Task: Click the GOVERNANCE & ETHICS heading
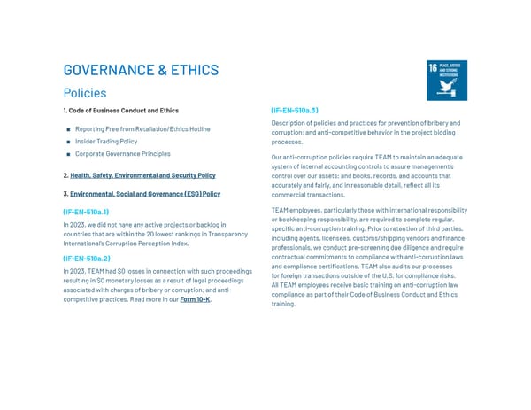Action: pyautogui.click(x=141, y=70)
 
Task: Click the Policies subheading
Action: pyautogui.click(x=85, y=92)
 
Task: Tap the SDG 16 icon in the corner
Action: pyautogui.click(x=447, y=81)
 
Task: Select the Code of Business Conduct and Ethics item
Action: pyautogui.click(x=120, y=111)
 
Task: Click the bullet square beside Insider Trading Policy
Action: pyautogui.click(x=68, y=142)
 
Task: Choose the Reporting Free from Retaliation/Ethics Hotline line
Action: pyautogui.click(x=142, y=129)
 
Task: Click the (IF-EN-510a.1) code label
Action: pyautogui.click(x=86, y=213)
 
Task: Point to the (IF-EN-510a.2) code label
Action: pyautogui.click(x=86, y=259)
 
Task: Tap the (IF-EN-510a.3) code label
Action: pyautogui.click(x=294, y=111)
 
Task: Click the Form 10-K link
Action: pyautogui.click(x=196, y=299)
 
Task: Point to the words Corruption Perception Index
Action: pyautogui.click(x=149, y=243)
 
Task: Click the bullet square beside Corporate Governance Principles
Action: pyautogui.click(x=68, y=154)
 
